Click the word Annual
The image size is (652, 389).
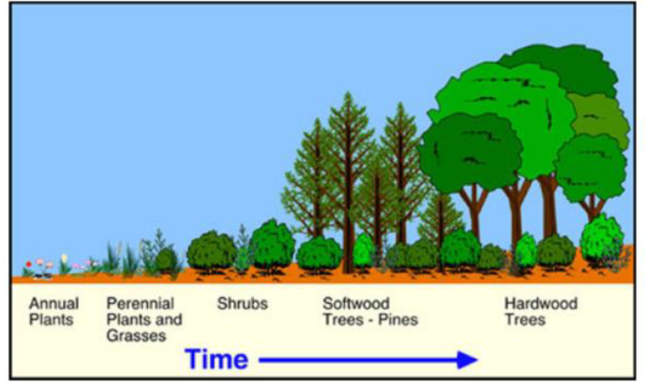click(x=54, y=304)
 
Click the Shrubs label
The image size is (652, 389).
click(x=242, y=304)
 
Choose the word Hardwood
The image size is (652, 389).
click(x=540, y=304)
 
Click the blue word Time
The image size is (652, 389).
click(x=217, y=360)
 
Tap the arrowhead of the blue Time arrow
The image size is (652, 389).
click(x=468, y=360)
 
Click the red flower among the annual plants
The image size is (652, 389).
click(x=29, y=264)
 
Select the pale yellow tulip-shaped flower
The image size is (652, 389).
click(x=64, y=259)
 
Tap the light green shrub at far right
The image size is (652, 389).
click(x=601, y=238)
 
